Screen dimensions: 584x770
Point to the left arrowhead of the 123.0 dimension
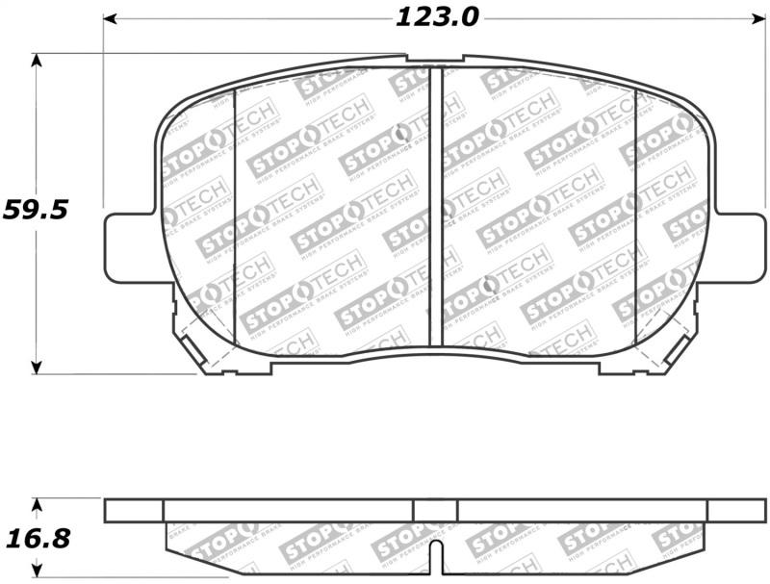pos(110,17)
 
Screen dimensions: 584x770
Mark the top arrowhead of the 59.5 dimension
pos(37,60)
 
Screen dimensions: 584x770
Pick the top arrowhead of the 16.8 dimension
pos(37,504)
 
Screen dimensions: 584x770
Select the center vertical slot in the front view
pos(435,207)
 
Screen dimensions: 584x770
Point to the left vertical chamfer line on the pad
pos(236,216)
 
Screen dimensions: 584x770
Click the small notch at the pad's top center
pos(434,60)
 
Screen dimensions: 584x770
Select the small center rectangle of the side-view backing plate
pos(435,510)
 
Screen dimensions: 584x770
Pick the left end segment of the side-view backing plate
pos(134,510)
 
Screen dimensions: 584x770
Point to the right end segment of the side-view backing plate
pos(735,510)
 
